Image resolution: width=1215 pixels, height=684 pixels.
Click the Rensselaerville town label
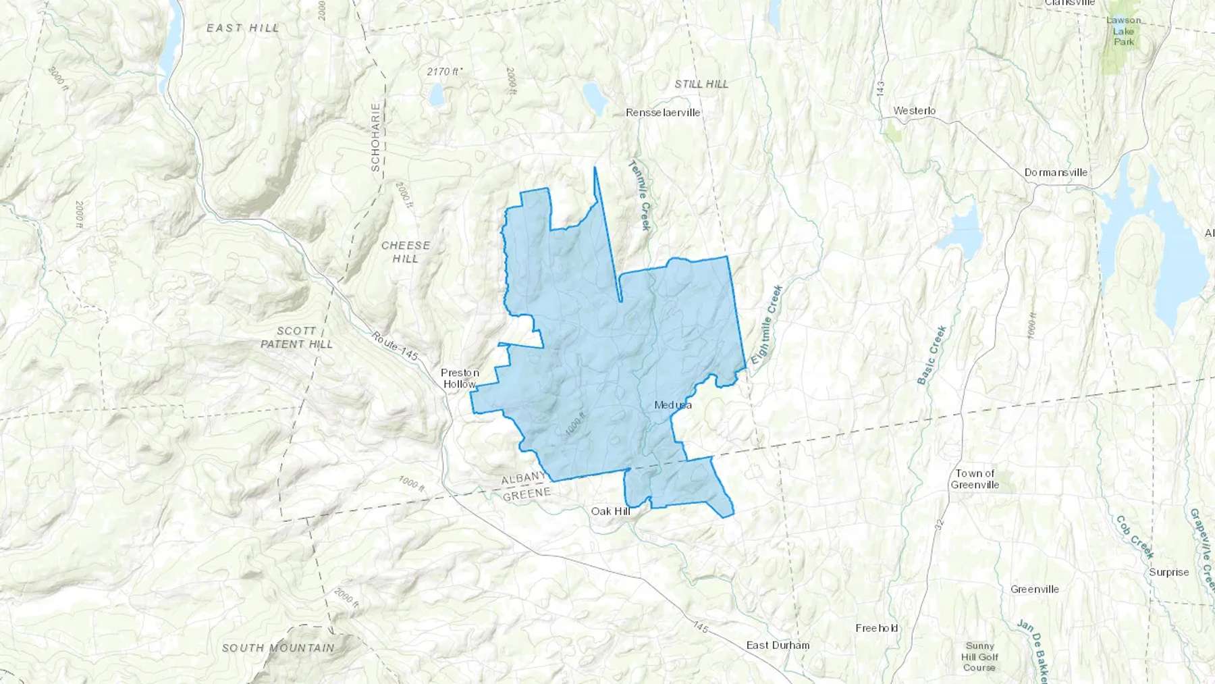click(663, 113)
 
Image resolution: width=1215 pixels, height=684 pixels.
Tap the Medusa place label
click(673, 405)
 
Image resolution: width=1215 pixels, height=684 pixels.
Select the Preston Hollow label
click(460, 378)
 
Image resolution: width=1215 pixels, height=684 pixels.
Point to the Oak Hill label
click(610, 511)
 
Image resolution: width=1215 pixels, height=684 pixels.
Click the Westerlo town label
click(914, 111)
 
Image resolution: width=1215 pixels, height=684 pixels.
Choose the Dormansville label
click(1056, 172)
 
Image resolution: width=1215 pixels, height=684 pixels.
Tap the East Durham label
click(778, 645)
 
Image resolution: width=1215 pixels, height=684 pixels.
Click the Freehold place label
click(877, 628)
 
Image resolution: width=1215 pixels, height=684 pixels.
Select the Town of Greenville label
click(975, 479)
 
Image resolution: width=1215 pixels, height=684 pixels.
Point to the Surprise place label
click(1168, 572)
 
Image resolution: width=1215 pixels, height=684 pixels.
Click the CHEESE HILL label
click(405, 252)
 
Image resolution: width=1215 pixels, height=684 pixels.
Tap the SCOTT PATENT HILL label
click(296, 337)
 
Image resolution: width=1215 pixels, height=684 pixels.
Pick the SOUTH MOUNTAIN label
click(277, 648)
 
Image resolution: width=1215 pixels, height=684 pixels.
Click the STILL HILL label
click(701, 84)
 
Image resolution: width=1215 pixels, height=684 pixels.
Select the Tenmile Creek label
click(639, 195)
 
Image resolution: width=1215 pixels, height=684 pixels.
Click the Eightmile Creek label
click(767, 324)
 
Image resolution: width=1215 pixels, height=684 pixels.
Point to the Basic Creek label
click(932, 355)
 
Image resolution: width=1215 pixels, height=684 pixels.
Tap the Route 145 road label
click(395, 346)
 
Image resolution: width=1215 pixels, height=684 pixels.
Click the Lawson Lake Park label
click(1124, 31)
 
